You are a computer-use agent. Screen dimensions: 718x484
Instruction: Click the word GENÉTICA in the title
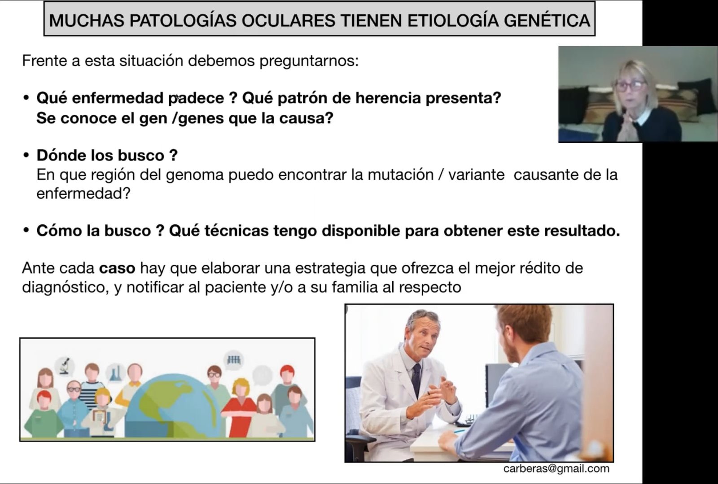(547, 21)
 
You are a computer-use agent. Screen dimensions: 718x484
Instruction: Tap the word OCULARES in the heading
(288, 21)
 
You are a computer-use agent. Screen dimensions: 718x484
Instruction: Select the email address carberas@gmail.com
(556, 469)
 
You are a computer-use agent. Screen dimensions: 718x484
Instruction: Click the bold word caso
(117, 268)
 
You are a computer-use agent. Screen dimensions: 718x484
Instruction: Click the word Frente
(44, 61)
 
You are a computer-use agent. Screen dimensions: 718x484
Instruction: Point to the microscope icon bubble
(65, 366)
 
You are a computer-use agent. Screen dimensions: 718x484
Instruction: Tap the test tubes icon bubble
(234, 360)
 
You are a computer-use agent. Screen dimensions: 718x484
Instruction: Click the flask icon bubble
(115, 372)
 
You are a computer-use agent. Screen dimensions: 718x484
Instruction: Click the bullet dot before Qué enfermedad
(26, 97)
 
